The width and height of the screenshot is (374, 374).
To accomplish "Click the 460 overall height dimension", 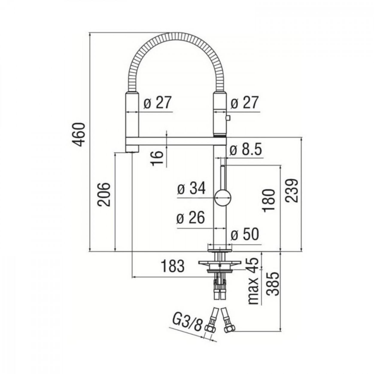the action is (80, 135).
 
